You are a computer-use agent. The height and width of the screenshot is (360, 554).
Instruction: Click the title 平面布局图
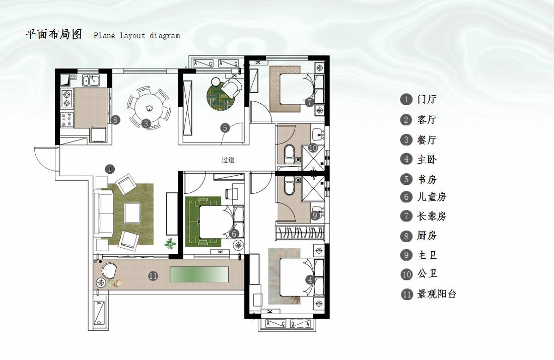[53, 35]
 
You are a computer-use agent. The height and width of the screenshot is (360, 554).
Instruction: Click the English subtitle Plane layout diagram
[136, 36]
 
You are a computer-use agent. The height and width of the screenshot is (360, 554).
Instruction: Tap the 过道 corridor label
[228, 160]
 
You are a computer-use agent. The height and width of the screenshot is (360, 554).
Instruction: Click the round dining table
[149, 107]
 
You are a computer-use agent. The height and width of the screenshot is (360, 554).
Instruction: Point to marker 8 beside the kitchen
[115, 120]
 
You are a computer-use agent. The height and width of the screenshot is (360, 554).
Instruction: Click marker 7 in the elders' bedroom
[310, 102]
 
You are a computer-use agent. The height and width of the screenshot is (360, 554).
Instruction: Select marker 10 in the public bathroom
[312, 148]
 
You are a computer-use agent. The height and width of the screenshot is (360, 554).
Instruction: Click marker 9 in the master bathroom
[315, 215]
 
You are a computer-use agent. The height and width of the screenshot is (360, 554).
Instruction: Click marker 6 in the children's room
[234, 234]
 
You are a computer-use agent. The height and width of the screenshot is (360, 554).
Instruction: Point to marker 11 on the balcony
[153, 276]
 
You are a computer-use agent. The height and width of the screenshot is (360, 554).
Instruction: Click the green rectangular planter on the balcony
[199, 275]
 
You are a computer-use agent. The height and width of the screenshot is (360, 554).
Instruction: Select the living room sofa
[105, 214]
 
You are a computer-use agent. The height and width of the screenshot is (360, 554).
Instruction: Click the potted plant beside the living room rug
[171, 243]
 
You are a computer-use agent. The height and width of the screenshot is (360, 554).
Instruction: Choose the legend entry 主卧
[427, 160]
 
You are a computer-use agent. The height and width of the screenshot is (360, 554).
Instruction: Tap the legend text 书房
[427, 180]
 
